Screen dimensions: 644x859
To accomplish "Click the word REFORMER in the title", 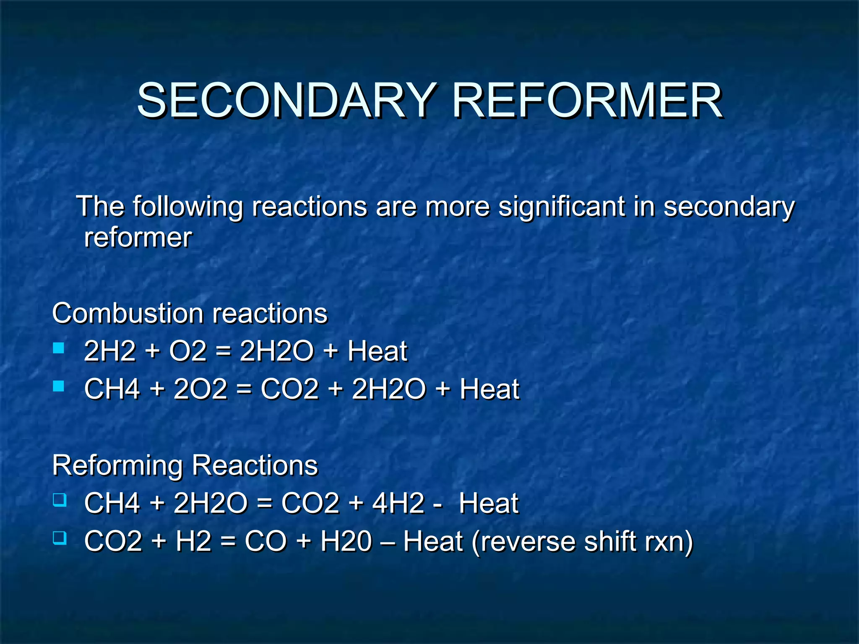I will [x=587, y=101].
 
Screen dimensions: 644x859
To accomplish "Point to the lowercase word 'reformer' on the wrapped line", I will [x=138, y=238].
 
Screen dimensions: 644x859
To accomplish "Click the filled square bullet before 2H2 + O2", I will [x=59, y=348].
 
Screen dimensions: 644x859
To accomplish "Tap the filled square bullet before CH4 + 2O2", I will [x=59, y=386].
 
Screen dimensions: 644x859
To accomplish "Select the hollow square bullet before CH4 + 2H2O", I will [x=60, y=500].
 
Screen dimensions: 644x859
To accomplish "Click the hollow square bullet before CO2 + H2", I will [x=60, y=538].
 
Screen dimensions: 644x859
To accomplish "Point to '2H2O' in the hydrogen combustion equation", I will [x=276, y=351].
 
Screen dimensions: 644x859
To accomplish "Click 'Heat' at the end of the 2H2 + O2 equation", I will [x=377, y=351].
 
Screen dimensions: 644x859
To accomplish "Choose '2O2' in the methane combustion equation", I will [x=200, y=389].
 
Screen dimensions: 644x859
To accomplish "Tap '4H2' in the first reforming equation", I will [x=398, y=503].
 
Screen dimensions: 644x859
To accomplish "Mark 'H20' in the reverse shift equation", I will [x=346, y=541].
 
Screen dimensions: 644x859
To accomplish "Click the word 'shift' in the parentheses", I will [x=610, y=541].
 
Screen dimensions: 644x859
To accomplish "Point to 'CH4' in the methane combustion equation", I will [x=112, y=389].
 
